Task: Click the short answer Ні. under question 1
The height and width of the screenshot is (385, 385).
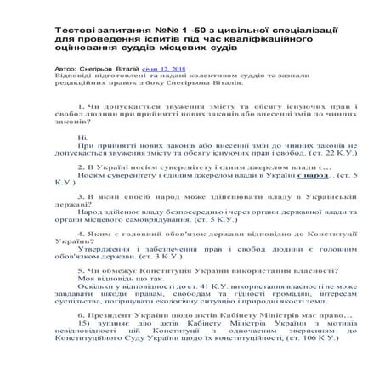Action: coord(82,138)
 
